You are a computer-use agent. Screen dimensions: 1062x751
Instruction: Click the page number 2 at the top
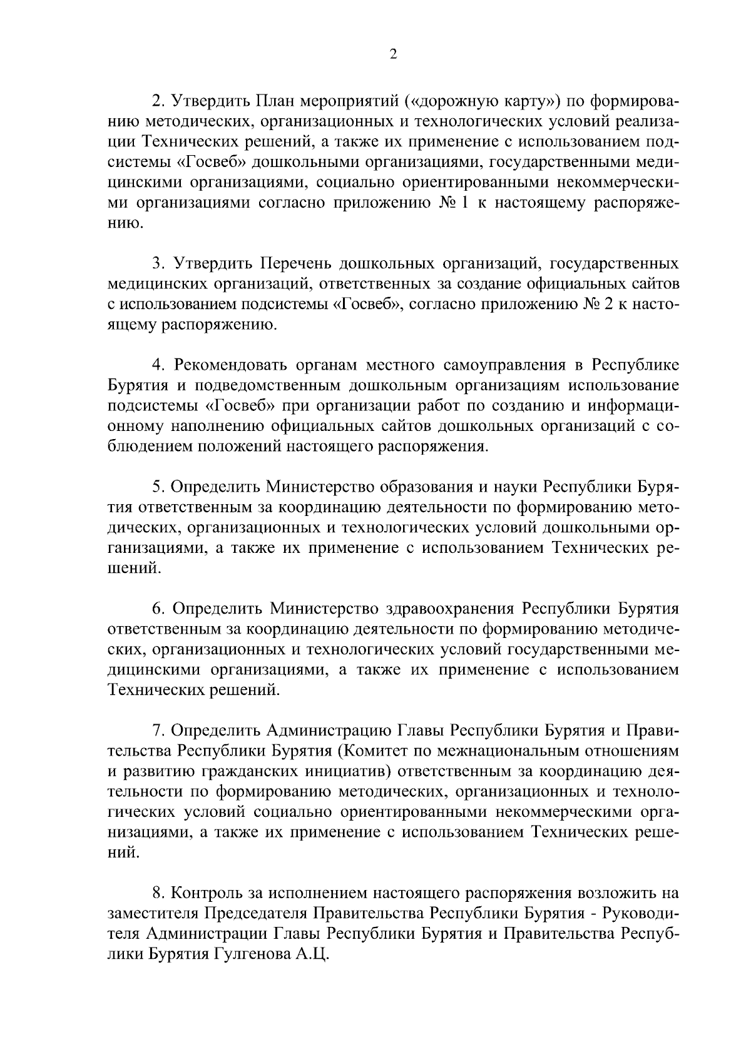[x=393, y=54]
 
